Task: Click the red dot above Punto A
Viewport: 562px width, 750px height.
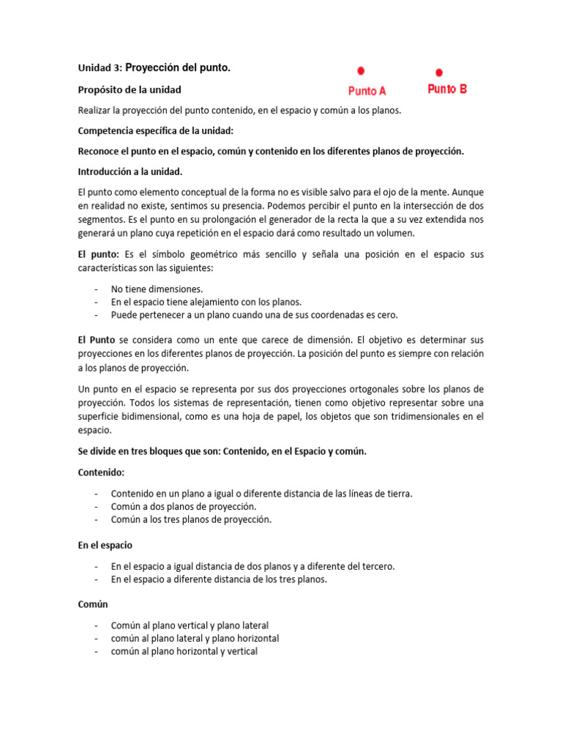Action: point(361,71)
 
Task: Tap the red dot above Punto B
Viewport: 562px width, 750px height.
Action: point(439,73)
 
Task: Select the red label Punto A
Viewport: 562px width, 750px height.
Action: point(367,91)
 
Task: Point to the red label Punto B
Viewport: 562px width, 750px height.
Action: point(446,89)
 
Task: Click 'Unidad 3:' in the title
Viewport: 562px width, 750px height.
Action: point(100,68)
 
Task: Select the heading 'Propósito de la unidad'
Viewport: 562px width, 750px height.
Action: point(130,89)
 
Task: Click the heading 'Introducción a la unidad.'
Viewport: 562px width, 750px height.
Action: point(130,171)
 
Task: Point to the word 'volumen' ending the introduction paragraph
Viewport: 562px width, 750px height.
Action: point(396,233)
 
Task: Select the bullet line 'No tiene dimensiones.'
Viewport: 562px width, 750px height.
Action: point(157,289)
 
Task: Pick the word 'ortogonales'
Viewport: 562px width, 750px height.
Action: point(354,388)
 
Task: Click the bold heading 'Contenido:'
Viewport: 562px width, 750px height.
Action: point(102,473)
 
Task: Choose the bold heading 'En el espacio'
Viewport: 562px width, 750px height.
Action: point(105,546)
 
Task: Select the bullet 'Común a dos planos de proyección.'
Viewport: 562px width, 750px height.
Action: point(183,506)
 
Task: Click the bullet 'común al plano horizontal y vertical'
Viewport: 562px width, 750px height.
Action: point(184,650)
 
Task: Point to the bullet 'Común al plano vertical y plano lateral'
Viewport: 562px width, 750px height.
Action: point(190,625)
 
